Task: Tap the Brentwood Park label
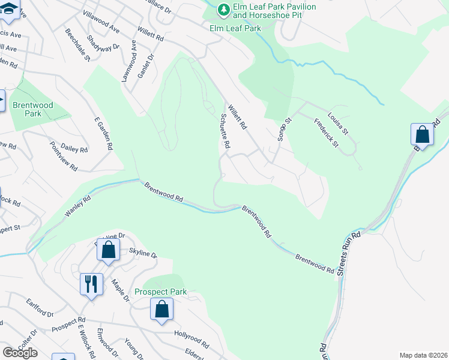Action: [33, 109]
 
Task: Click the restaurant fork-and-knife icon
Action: [91, 283]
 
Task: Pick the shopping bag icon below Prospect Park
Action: [161, 310]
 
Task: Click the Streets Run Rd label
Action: [348, 253]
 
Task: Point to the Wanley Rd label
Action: [79, 208]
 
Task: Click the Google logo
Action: [20, 352]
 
